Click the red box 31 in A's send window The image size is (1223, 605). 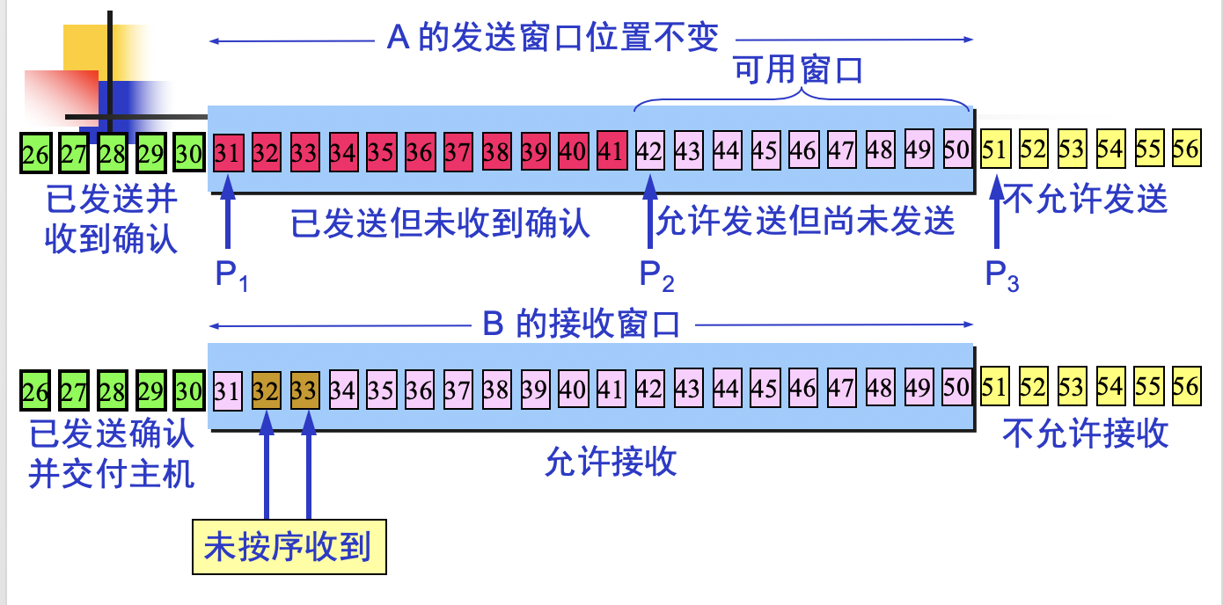pos(227,152)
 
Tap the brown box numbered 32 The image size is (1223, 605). pos(266,389)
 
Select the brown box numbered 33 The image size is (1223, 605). pos(304,389)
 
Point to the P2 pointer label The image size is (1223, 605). pos(656,277)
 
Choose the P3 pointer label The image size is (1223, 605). pos(1001,277)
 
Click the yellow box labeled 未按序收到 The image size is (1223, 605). pos(289,548)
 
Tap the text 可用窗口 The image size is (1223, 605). pos(799,70)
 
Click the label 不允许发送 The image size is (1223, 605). pos(1086,200)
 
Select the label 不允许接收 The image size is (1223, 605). pos(1086,433)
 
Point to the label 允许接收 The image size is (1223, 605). pos(611,461)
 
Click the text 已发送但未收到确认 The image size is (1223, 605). pos(441,224)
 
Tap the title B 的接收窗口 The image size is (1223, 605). pos(582,324)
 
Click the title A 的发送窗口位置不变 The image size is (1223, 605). pos(553,39)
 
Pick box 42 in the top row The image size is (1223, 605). pos(649,151)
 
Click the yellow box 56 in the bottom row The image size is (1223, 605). pos(1186,387)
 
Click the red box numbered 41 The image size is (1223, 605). pos(611,151)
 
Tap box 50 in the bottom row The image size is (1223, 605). pos(956,387)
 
